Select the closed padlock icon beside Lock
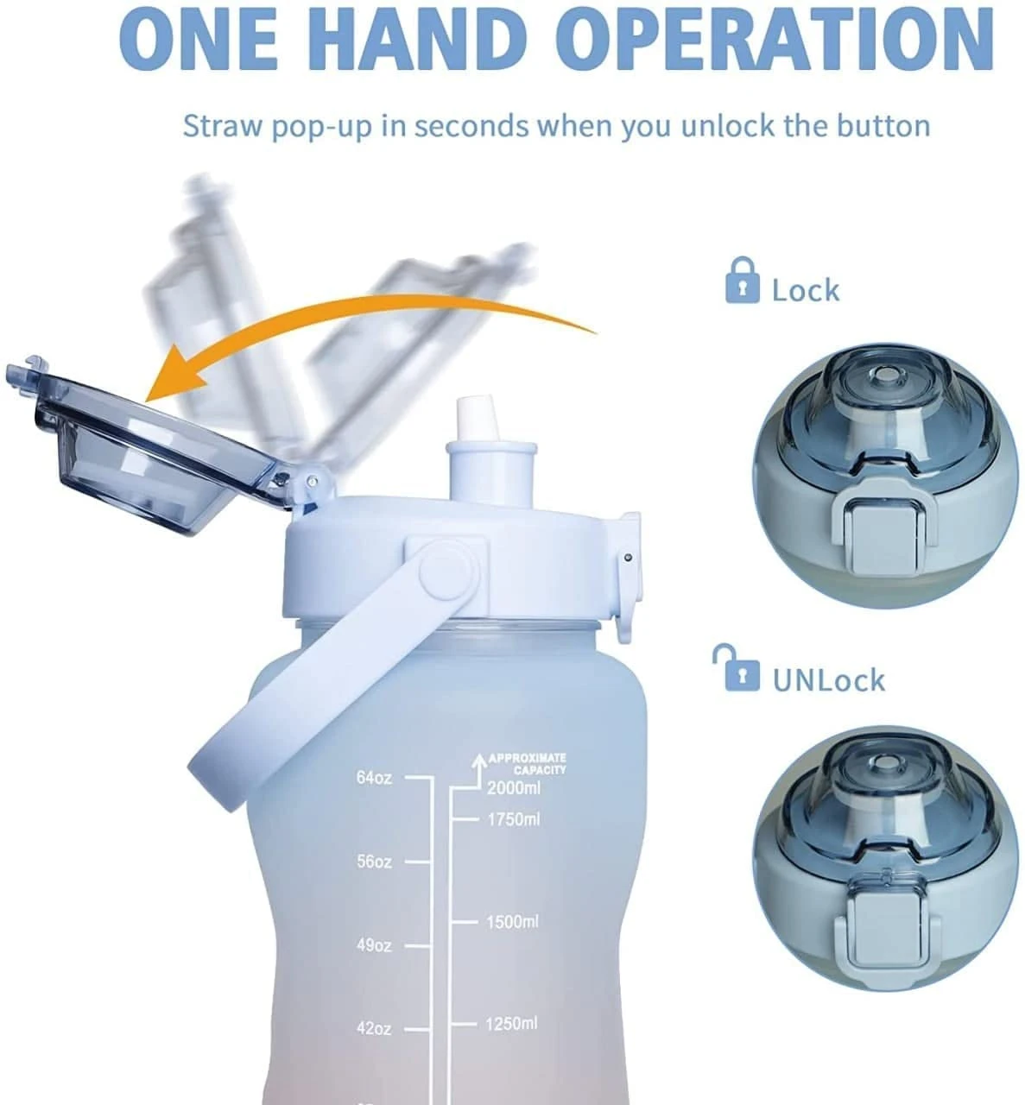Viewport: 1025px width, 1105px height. pyautogui.click(x=742, y=280)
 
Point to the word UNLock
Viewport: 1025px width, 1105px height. pyautogui.click(x=828, y=680)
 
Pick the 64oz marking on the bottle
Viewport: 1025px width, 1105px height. pyautogui.click(x=374, y=778)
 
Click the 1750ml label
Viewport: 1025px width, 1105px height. pyautogui.click(x=514, y=819)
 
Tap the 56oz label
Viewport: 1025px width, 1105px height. pyautogui.click(x=374, y=862)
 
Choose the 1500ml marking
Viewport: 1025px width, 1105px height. pyautogui.click(x=513, y=922)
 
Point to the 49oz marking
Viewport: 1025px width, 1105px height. pyautogui.click(x=374, y=945)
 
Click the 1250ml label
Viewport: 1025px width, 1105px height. pyautogui.click(x=512, y=1024)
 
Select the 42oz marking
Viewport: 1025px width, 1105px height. pyautogui.click(x=374, y=1029)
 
